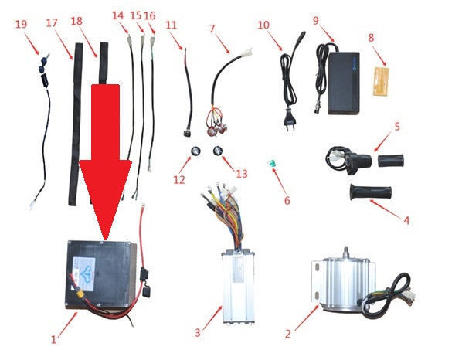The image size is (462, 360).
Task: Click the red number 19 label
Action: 21,24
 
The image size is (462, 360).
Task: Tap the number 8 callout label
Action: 371,38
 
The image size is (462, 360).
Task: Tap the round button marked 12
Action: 195,151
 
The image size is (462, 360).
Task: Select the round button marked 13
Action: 217,151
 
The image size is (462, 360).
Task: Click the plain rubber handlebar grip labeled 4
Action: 371,192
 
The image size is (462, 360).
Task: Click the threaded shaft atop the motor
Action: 346,252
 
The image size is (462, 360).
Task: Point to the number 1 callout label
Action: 53,340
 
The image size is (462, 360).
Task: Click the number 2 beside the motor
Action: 288,334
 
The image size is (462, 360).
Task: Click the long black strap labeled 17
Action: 76,124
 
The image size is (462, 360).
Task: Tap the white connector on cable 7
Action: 246,53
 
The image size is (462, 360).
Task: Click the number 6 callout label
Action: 287,201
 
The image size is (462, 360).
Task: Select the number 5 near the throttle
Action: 397,127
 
